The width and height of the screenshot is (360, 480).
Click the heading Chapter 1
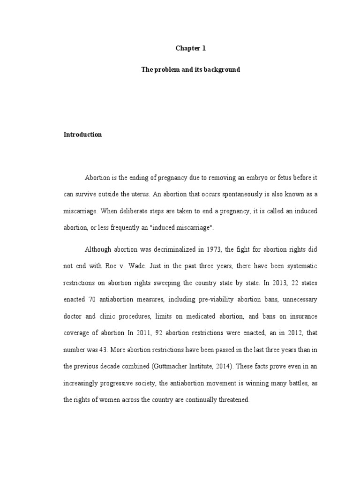click(191, 48)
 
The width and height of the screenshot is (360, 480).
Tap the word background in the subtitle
click(223, 69)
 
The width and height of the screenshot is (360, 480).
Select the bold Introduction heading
click(82, 135)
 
